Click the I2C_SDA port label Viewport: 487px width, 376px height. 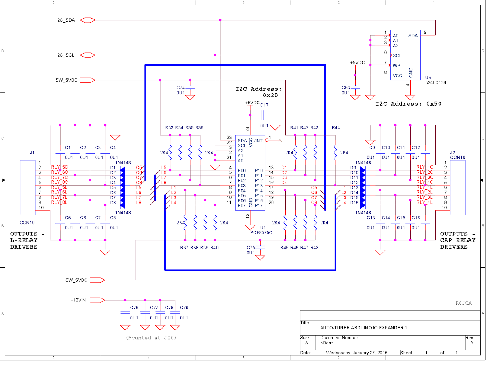tap(65, 20)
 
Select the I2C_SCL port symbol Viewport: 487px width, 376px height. tap(88, 55)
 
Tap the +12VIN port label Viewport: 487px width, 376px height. tap(78, 300)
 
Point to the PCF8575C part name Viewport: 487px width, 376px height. tap(261, 232)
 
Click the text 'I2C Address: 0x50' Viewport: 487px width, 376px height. tap(408, 104)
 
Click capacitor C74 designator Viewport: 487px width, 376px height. tap(180, 88)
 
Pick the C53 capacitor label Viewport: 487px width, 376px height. tap(346, 88)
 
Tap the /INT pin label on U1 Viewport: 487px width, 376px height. tap(258, 141)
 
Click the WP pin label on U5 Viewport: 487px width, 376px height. tap(396, 65)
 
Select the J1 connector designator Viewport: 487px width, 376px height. tap(32, 153)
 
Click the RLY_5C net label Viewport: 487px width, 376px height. tap(59, 167)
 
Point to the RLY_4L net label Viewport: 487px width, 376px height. tap(424, 202)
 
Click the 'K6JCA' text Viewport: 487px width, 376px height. tap(463, 303)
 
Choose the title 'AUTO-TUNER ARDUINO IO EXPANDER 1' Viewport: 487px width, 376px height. tap(363, 328)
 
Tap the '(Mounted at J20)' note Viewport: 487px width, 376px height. tap(151, 338)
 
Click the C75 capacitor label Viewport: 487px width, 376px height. tap(251, 248)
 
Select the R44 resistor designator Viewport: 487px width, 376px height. tap(336, 128)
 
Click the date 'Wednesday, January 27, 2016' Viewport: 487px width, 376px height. tap(356, 353)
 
